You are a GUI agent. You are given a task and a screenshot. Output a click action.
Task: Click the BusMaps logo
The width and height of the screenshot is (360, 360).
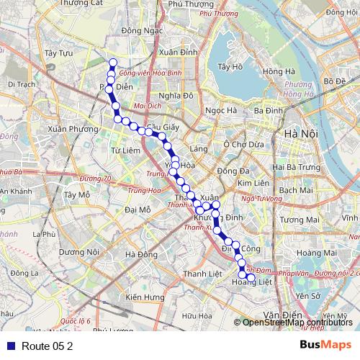pyautogui.click(x=325, y=346)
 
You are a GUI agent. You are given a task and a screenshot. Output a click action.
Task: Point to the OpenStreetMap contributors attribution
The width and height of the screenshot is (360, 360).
pyautogui.click(x=297, y=323)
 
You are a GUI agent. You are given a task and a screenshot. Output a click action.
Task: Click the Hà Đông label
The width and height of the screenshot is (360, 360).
pyautogui.click(x=140, y=254)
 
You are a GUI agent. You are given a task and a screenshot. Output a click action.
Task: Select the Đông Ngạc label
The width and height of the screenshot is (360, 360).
pyautogui.click(x=140, y=30)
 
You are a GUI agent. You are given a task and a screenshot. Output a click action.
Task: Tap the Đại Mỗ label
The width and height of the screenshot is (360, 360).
pyautogui.click(x=138, y=210)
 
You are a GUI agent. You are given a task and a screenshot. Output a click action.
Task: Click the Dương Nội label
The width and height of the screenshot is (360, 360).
pyautogui.click(x=78, y=251)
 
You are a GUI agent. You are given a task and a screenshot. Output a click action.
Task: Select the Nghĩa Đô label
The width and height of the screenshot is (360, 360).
pyautogui.click(x=178, y=95)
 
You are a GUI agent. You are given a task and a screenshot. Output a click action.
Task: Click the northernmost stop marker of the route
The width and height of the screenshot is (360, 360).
pyautogui.click(x=112, y=62)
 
